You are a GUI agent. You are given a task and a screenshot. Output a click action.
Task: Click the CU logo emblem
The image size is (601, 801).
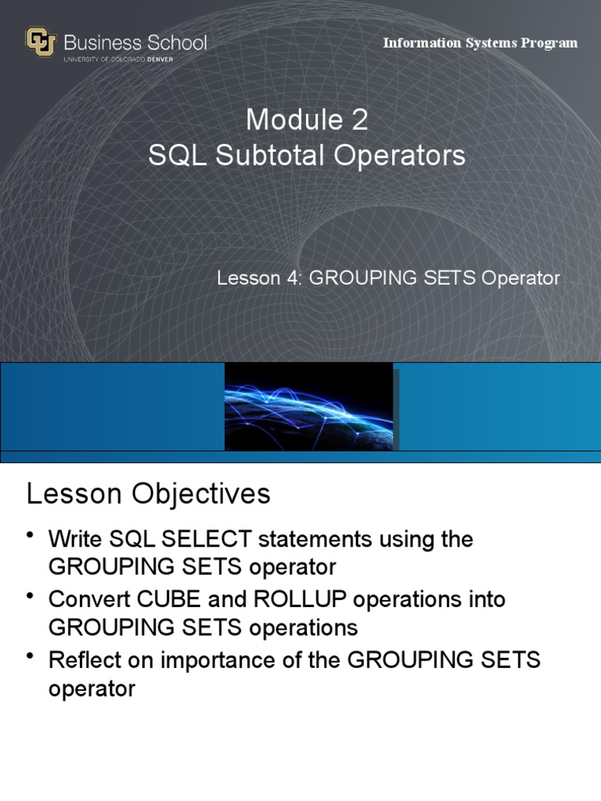point(41,43)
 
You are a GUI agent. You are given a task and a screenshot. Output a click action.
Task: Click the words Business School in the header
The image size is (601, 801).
point(135,41)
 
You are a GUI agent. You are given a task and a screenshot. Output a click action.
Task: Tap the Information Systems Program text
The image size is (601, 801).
point(480,43)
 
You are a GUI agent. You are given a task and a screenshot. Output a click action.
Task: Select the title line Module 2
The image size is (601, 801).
point(307,120)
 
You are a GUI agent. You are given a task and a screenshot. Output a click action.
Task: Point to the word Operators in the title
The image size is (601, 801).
point(400,156)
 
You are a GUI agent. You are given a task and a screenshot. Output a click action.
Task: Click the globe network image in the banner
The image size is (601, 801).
point(309,407)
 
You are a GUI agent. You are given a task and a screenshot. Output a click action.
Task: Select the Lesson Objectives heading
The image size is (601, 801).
point(149,494)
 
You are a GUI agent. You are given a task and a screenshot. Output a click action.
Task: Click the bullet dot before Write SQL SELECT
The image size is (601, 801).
point(31,535)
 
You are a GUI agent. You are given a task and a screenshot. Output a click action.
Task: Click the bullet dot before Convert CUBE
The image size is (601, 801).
point(31,596)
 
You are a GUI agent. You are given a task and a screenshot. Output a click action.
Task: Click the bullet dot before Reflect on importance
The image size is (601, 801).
point(31,656)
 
